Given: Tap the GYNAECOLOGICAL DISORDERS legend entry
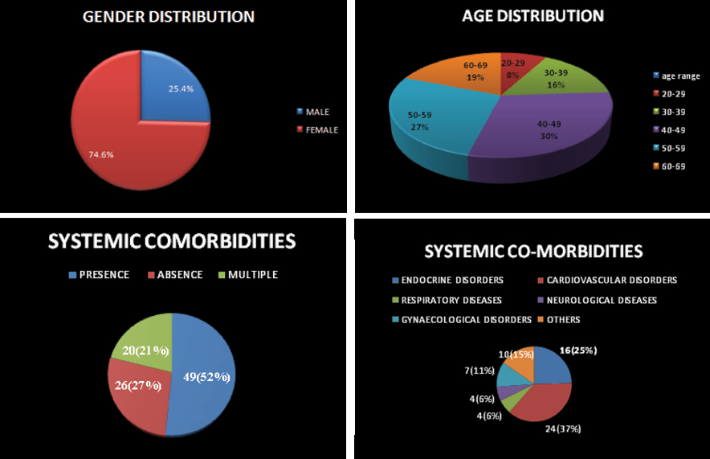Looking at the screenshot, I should click(467, 319).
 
